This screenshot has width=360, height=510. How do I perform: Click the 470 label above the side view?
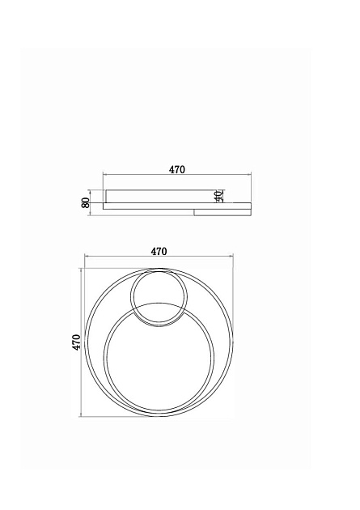(x=176, y=169)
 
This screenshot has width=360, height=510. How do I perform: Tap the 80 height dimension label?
(x=86, y=202)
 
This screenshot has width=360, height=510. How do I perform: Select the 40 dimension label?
(x=218, y=196)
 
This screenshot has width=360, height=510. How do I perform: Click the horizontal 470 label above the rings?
(x=159, y=252)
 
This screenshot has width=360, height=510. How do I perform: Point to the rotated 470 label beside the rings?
(x=76, y=342)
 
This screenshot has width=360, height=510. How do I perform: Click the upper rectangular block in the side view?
(x=160, y=196)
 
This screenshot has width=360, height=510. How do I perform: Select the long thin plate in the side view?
(x=177, y=206)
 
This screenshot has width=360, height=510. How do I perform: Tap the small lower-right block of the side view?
(x=222, y=212)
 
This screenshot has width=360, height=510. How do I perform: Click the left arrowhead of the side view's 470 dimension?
(x=104, y=175)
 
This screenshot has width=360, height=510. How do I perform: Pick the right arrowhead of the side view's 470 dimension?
(x=249, y=175)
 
